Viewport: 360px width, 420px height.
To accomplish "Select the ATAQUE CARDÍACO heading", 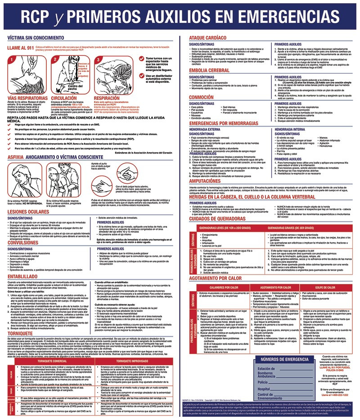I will click(208, 39).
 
